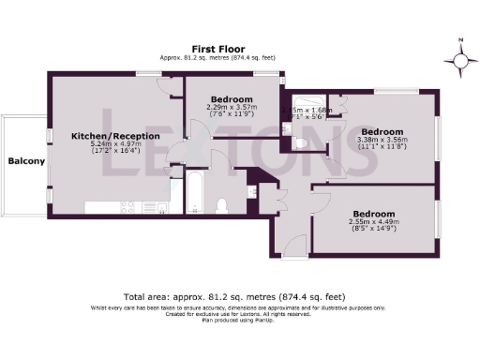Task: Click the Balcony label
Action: tap(26, 161)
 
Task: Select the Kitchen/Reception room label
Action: tap(115, 136)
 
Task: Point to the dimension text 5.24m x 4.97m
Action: tap(116, 144)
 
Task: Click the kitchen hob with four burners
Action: tap(124, 206)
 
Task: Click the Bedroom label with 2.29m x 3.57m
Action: tap(231, 99)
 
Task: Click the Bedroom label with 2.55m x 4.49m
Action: tap(372, 214)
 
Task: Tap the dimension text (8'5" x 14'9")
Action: tap(372, 230)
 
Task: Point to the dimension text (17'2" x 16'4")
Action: tap(116, 153)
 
